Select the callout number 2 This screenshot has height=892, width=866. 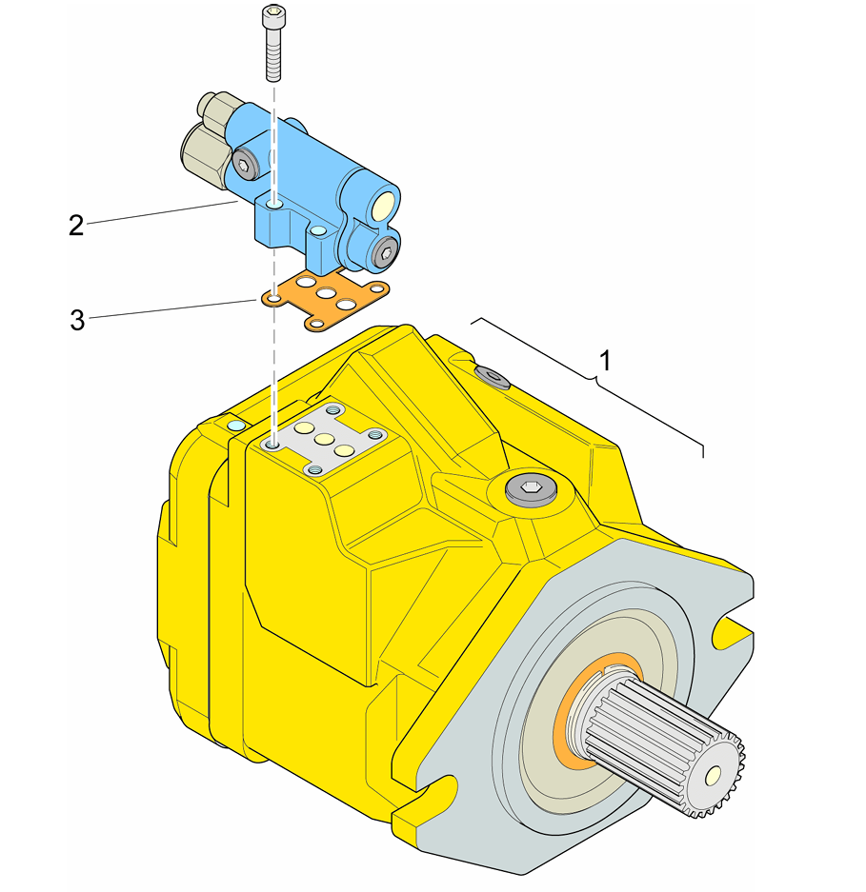click(x=76, y=226)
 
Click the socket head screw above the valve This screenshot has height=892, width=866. click(x=272, y=44)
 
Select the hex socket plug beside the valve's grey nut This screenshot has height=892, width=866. click(x=247, y=168)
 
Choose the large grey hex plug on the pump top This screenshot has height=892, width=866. click(x=531, y=491)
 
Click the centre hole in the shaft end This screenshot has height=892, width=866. click(x=709, y=777)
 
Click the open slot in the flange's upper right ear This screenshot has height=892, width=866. click(x=734, y=627)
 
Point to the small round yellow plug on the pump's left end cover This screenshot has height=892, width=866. click(x=235, y=422)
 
